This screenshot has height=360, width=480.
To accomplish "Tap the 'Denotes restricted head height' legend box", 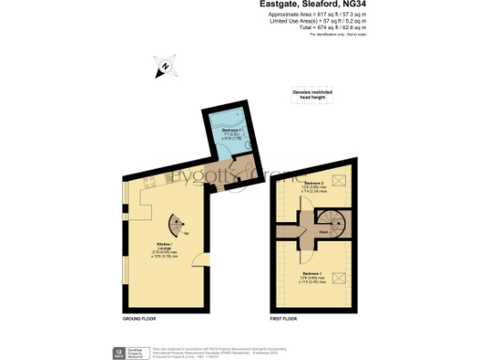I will [x=312, y=93].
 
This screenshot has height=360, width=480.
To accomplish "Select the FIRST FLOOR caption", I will [x=284, y=320].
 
